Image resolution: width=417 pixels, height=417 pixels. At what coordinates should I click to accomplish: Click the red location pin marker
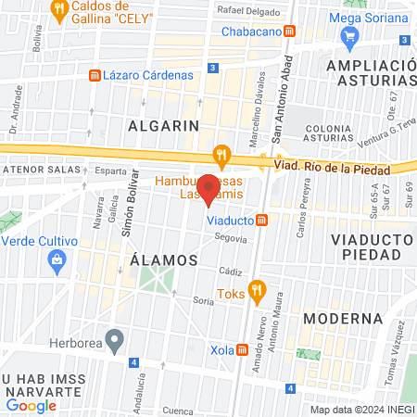[x=209, y=189]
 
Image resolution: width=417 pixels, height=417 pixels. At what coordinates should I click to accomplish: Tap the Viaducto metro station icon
[x=263, y=221]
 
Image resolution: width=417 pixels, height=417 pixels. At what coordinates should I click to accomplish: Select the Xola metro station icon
[x=243, y=350]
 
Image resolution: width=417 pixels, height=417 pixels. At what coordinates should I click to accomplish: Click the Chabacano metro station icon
[x=290, y=31]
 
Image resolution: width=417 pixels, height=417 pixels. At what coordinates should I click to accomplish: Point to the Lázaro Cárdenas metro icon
[x=93, y=75]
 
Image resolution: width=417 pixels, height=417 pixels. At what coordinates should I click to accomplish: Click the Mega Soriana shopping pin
[x=349, y=37]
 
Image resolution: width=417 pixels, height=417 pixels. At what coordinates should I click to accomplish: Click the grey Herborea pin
[x=114, y=340]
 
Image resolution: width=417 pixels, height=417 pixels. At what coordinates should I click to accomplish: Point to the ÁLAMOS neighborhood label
[x=164, y=259]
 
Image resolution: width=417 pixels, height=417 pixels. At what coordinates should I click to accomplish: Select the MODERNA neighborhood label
[x=342, y=319]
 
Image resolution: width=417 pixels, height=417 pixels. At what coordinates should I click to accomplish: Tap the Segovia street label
[x=231, y=238]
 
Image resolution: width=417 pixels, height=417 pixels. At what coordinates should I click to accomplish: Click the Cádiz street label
[x=231, y=271]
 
